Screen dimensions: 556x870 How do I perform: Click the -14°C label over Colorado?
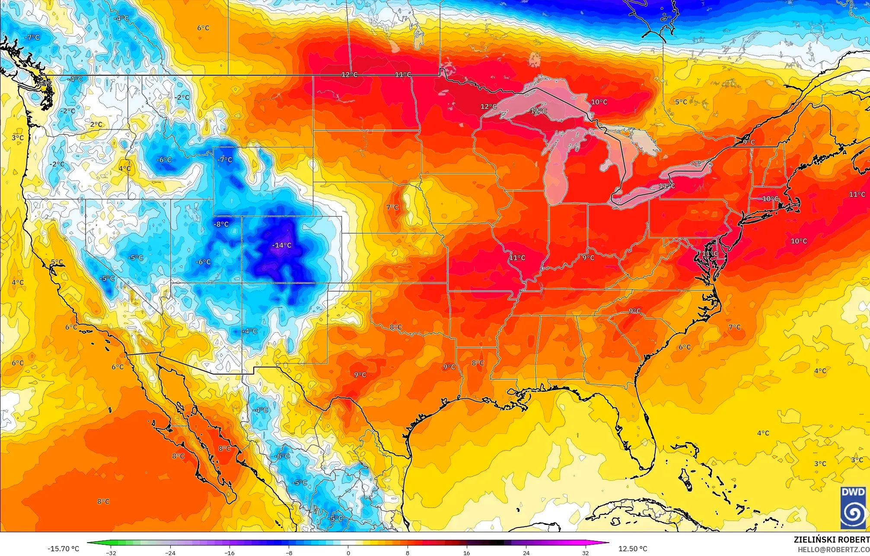[x=281, y=245]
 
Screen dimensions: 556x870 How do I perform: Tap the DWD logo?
[x=853, y=508]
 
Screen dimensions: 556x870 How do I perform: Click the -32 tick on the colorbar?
[x=112, y=553]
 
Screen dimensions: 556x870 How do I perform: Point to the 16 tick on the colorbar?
[x=466, y=553]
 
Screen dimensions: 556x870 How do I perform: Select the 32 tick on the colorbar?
[x=585, y=553]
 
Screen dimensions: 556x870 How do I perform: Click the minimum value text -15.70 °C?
[x=64, y=549]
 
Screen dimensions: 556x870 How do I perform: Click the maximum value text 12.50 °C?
[x=633, y=549]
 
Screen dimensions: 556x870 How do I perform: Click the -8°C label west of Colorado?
[x=221, y=224]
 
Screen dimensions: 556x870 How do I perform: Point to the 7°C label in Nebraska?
[x=392, y=207]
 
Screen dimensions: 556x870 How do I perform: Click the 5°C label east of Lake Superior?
[x=681, y=102]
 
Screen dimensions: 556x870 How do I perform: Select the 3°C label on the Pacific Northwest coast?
[x=18, y=138]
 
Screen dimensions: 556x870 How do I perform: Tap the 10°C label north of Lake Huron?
[x=599, y=102]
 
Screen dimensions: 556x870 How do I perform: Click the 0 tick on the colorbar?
[x=348, y=553]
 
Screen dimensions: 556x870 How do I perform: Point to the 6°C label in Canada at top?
[x=203, y=28]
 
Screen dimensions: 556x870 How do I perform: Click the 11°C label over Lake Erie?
[x=666, y=186]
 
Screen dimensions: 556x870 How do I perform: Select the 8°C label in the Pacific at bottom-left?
[x=103, y=502]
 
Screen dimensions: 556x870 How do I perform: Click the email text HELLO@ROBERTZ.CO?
[x=833, y=549]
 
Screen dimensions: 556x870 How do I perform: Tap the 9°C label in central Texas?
[x=360, y=375]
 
